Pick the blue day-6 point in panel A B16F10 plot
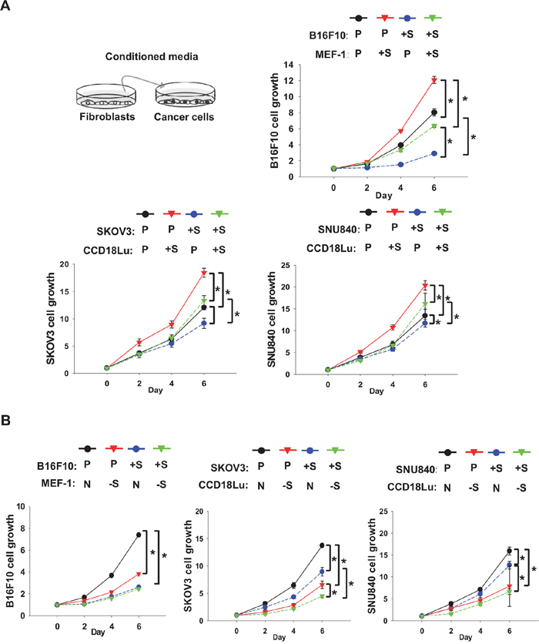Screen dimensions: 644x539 point(434,153)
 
